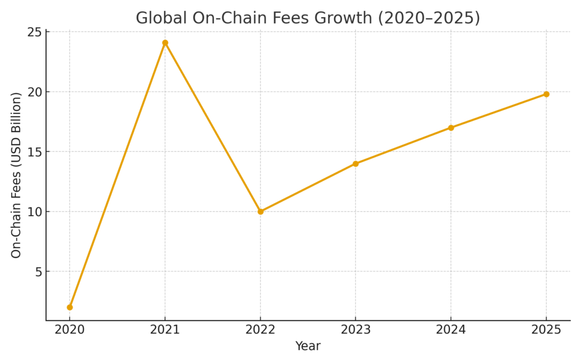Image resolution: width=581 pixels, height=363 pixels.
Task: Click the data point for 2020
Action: [70, 307]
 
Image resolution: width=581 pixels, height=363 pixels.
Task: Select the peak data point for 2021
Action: [165, 43]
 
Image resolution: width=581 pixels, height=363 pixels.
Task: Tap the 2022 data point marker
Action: [260, 212]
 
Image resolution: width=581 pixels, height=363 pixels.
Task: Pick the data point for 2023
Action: [356, 164]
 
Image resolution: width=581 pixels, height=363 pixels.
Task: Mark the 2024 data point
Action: [451, 128]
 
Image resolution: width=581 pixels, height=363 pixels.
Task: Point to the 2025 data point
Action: [546, 94]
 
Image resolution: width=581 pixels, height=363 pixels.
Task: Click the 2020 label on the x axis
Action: [70, 330]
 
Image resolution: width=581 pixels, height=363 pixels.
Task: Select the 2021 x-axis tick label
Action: [165, 330]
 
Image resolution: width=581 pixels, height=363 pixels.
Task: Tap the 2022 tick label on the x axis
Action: [260, 330]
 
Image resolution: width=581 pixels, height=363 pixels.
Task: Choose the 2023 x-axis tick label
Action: [356, 330]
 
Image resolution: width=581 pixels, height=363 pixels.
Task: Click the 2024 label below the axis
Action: [451, 330]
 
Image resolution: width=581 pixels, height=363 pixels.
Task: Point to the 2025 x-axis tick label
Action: [546, 330]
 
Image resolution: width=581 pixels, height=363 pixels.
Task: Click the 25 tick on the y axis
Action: [35, 32]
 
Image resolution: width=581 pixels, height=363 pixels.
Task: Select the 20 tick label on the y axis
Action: [35, 92]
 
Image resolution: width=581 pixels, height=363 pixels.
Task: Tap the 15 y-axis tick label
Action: [35, 152]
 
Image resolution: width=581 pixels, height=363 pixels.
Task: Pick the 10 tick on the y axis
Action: [35, 212]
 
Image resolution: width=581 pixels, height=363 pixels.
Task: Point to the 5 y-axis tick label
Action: [38, 272]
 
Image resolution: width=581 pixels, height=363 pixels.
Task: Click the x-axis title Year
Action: [308, 346]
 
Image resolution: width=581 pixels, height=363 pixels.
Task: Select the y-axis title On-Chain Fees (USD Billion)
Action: [16, 175]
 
